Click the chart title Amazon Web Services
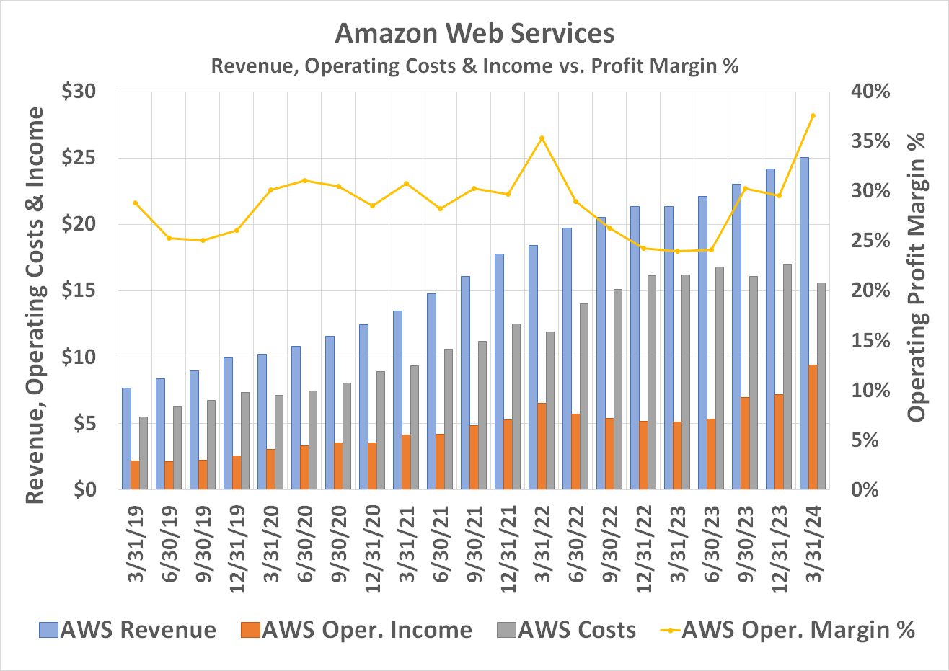coord(474,32)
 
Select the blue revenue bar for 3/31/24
coord(804,324)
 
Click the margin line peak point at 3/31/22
coord(542,138)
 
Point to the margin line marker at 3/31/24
coord(813,116)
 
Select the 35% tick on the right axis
coord(872,141)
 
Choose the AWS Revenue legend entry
coord(128,630)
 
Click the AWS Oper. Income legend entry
coord(356,630)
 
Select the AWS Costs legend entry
coord(567,630)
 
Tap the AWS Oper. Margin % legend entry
coord(787,630)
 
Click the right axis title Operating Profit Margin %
coord(917,277)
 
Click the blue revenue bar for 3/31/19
coord(126,438)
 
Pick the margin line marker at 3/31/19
coord(135,203)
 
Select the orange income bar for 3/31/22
coord(542,445)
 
